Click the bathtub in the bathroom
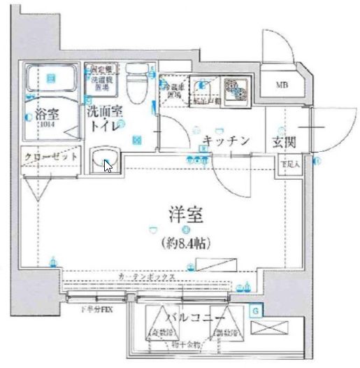click(50, 79)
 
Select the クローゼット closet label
click(50, 157)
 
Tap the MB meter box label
click(282, 87)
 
